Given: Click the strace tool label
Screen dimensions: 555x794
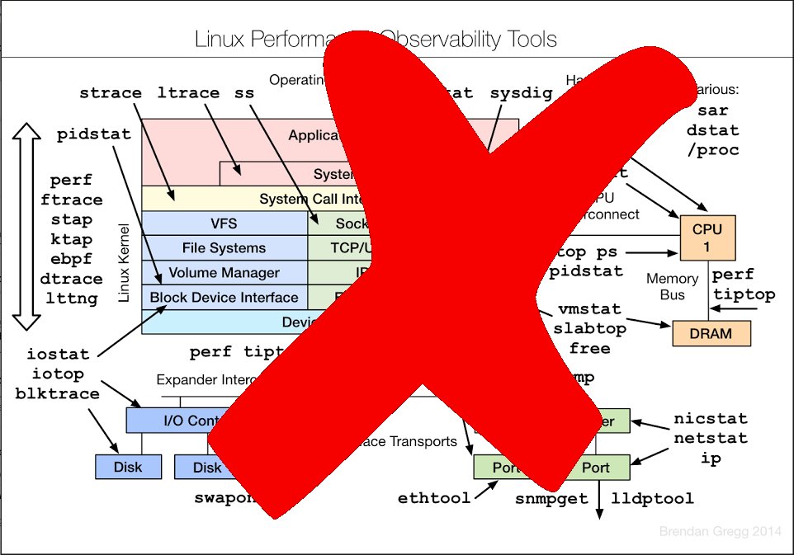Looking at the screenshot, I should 111,93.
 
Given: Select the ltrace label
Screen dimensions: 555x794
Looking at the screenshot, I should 188,93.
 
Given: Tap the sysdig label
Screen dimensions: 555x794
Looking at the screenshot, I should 521,93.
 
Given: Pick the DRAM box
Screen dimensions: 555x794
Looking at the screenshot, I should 712,333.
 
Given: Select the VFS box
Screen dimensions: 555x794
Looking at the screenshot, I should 224,223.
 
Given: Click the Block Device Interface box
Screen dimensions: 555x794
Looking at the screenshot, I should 224,298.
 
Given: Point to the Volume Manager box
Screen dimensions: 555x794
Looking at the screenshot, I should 224,273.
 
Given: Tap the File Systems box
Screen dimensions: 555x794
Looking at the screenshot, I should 224,248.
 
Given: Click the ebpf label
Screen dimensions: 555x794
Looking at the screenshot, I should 71,260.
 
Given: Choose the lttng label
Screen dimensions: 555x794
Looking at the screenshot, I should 71,299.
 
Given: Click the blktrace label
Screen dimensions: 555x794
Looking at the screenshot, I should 57,394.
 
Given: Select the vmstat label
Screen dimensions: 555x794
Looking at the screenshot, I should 589,309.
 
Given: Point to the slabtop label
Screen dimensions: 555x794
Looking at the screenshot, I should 589,329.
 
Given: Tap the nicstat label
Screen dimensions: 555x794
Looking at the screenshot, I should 710,418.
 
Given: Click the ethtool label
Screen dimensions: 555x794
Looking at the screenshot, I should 434,498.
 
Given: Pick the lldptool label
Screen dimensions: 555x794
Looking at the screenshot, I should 652,499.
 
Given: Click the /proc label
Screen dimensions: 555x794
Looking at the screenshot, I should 712,151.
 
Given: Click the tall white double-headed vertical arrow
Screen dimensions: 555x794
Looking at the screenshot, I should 27,226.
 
